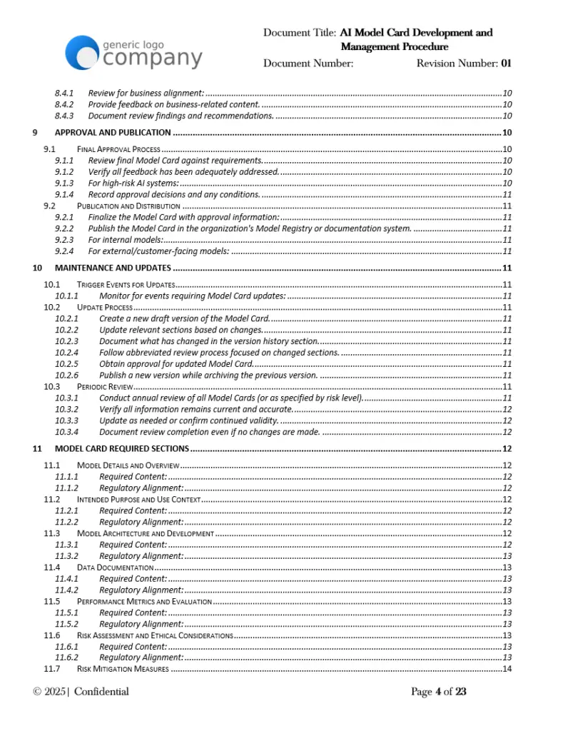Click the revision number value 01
506,64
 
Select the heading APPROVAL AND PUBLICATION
112,132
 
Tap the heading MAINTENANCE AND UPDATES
112,268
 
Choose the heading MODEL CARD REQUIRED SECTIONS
121,449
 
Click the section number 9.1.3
64,183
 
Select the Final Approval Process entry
118,149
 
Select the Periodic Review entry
104,386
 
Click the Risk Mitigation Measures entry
123,669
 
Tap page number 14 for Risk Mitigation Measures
507,669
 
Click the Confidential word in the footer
101,692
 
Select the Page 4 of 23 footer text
438,692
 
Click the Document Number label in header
308,64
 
